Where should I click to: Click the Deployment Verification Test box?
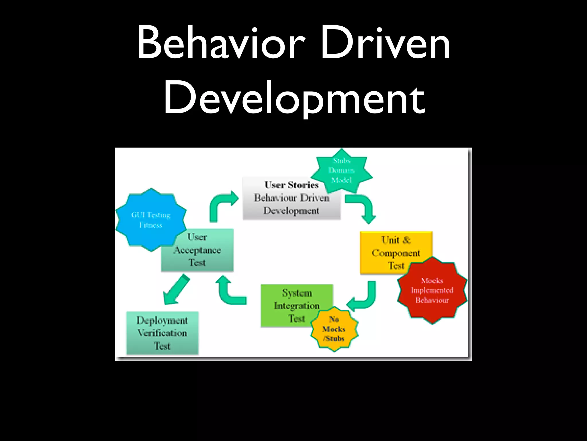[162, 333]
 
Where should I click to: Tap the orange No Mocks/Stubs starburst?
[334, 329]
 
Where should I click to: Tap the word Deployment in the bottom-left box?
[162, 320]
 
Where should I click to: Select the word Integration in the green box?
[297, 306]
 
